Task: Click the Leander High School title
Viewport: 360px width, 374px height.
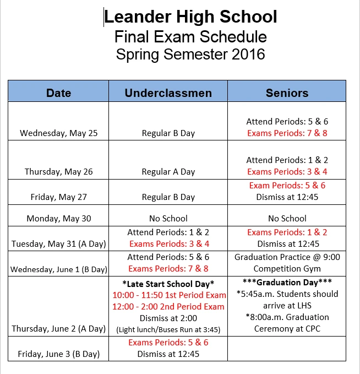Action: [190, 17]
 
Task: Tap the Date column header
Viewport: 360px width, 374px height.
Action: [58, 93]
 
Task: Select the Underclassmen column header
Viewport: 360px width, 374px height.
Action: [168, 93]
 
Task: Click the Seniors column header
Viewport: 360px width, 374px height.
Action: [287, 93]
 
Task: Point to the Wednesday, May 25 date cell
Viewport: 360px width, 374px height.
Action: [58, 133]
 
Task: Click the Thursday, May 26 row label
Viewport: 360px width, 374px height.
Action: [58, 171]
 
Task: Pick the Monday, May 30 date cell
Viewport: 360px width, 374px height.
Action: [58, 218]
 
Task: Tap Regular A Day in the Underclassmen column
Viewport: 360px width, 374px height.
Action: [168, 171]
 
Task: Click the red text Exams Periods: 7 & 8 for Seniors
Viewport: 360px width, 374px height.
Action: [287, 133]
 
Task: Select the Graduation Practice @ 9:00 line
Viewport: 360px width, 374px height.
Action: [287, 257]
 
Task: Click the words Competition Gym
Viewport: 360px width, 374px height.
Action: [287, 268]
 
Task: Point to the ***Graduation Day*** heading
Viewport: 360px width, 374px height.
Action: [287, 283]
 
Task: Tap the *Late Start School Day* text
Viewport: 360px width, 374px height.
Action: [168, 283]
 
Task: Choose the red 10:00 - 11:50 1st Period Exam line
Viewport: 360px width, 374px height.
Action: [168, 295]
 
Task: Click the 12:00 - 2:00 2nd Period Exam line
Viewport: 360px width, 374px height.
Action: [168, 306]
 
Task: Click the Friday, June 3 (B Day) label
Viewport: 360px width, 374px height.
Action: [58, 354]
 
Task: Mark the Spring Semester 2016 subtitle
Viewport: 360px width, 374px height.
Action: [190, 55]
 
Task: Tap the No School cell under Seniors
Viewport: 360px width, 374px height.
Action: [287, 218]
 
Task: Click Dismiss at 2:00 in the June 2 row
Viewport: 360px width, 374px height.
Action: [168, 317]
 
